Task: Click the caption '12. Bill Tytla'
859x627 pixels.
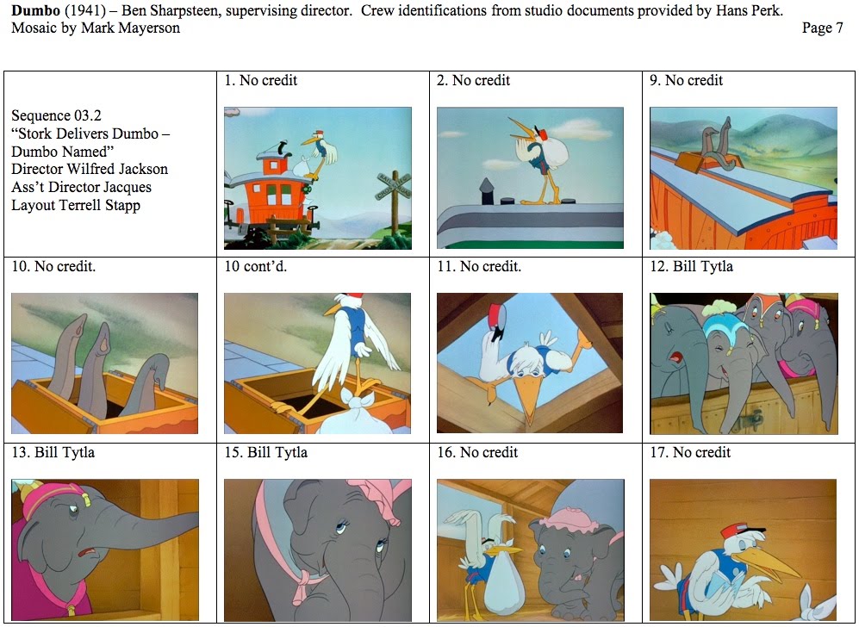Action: tap(692, 266)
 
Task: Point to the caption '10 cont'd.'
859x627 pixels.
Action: tap(256, 266)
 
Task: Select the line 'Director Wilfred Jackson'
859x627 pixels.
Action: tap(90, 169)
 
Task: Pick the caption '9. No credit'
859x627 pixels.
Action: tap(686, 80)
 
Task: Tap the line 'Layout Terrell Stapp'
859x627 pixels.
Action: tap(76, 205)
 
